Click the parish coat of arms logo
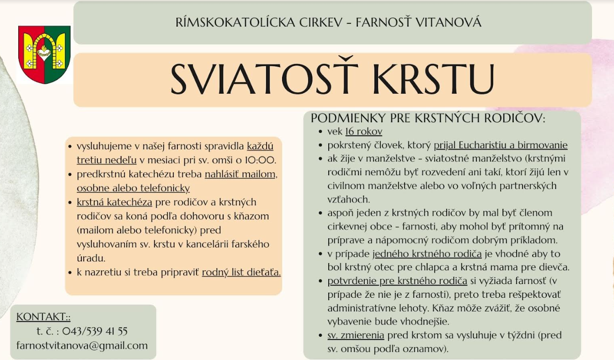click(x=44, y=54)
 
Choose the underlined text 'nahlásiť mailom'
click(x=241, y=174)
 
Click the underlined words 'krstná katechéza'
click(x=114, y=202)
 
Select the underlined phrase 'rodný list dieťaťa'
click(x=241, y=273)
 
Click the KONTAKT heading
click(x=43, y=317)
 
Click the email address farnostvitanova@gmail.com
click(x=82, y=345)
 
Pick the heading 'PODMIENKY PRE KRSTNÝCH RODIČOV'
click(x=428, y=118)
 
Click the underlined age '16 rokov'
click(x=364, y=132)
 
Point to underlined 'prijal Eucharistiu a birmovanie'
click(x=501, y=145)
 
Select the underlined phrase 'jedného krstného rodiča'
click(x=427, y=254)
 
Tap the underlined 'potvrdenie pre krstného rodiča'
click(x=397, y=281)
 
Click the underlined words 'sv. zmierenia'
click(x=356, y=335)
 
